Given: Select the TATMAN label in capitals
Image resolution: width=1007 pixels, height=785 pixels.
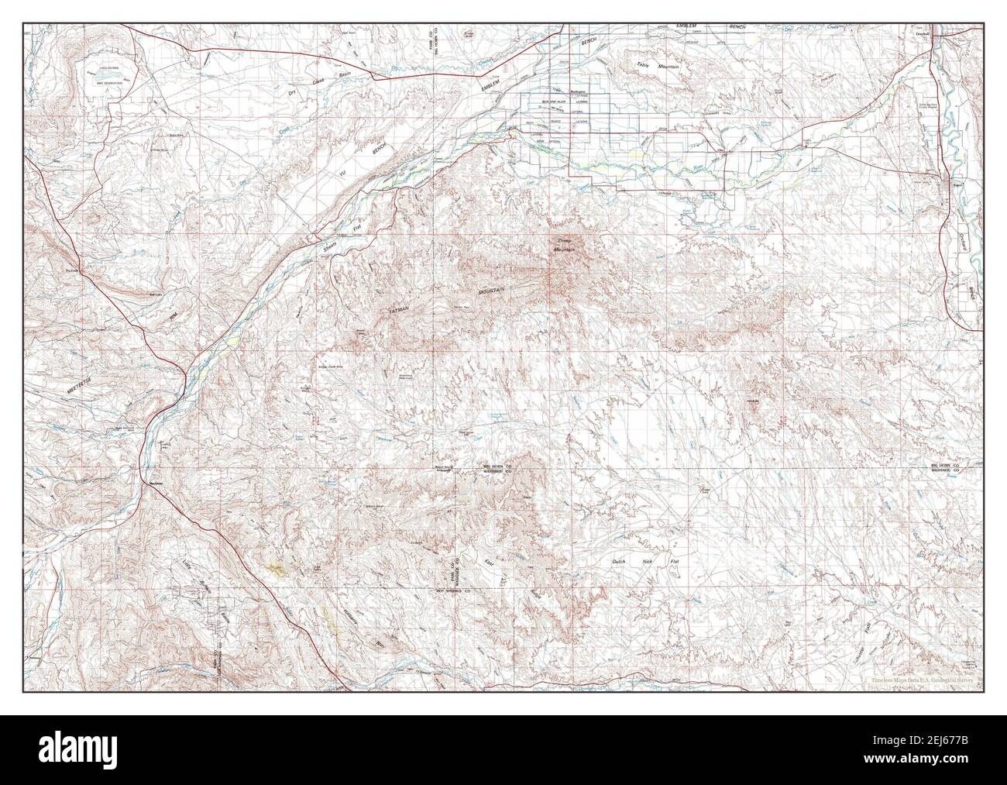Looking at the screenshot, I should tap(397, 309).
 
